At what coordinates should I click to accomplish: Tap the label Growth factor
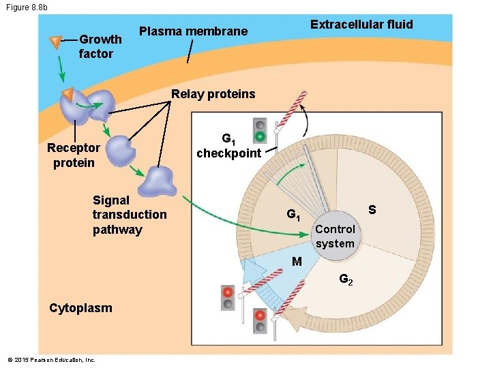coord(100,46)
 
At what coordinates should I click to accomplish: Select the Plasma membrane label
coord(193,31)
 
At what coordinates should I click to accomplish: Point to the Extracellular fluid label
coord(361,25)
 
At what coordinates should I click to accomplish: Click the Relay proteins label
coord(213,94)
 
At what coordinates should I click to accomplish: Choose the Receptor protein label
coord(73,155)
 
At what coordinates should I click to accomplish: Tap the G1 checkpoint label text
coord(228,147)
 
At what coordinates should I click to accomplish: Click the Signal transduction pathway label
coord(129,215)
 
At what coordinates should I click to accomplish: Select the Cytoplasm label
coord(80,308)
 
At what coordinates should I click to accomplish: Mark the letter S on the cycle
coord(372,210)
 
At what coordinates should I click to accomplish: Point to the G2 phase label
coord(346,279)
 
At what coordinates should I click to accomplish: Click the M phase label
coord(296,261)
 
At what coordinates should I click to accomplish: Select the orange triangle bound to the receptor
coord(68,93)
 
